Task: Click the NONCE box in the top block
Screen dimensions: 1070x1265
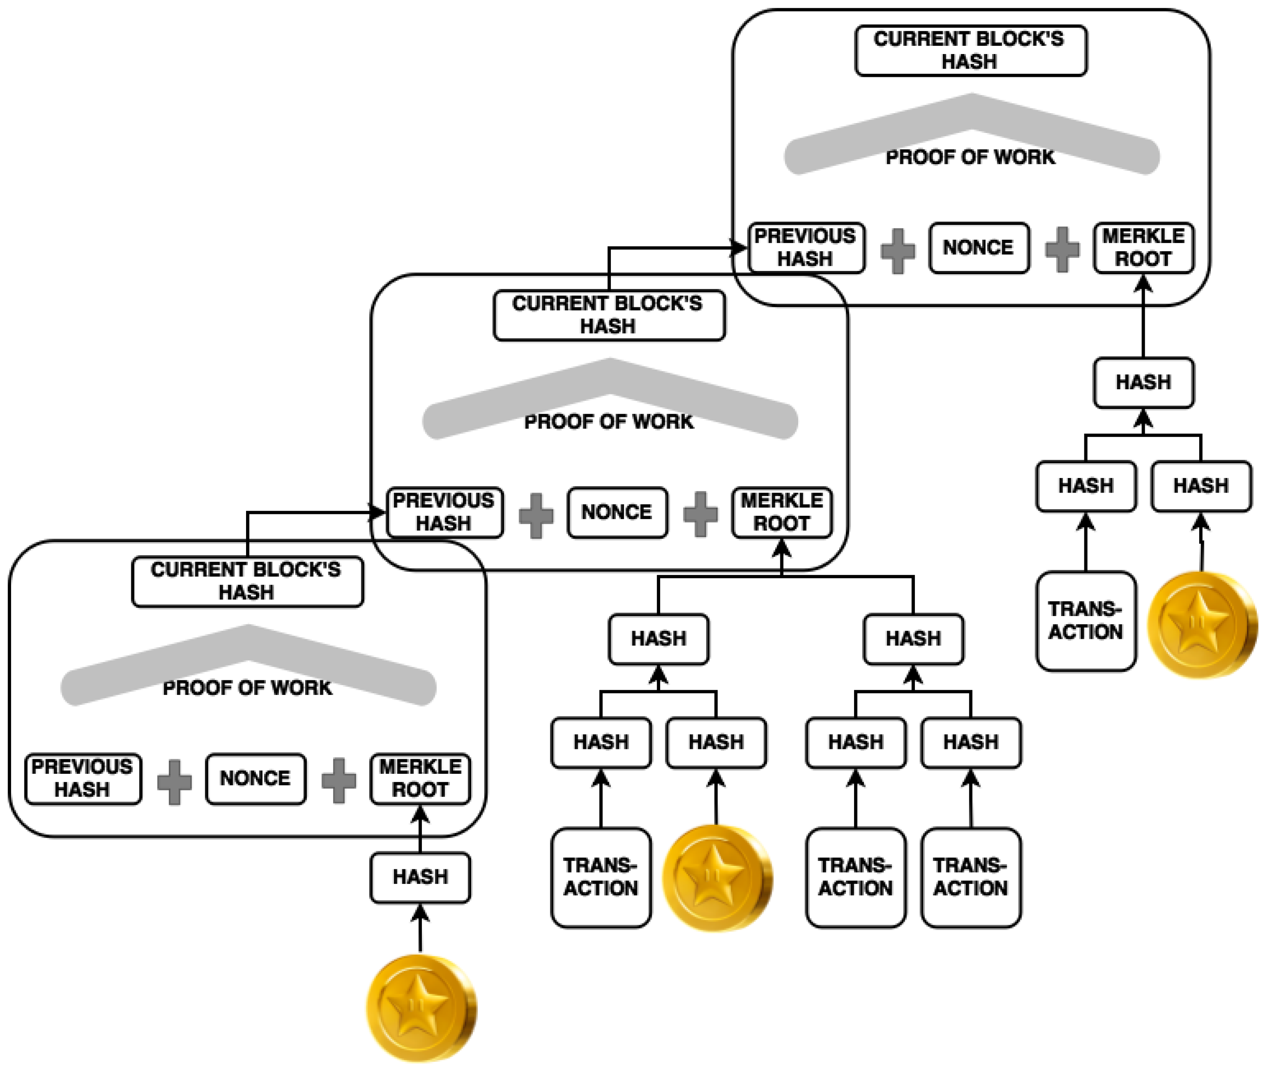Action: (x=979, y=247)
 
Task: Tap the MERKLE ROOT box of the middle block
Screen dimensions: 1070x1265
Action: (x=782, y=513)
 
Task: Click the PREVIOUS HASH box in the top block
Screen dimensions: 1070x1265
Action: (x=806, y=247)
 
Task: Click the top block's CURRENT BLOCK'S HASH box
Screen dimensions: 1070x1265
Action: (x=970, y=50)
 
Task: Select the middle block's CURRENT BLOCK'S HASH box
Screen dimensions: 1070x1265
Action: (x=609, y=315)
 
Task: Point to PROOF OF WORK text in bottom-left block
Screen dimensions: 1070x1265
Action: (x=247, y=688)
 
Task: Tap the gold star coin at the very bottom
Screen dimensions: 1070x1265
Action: (x=421, y=1009)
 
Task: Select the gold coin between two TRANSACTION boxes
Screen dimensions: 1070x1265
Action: (x=717, y=878)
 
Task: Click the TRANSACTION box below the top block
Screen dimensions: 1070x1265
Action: (x=1086, y=620)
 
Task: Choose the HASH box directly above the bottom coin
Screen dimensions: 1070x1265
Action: (x=420, y=877)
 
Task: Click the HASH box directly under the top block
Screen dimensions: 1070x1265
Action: (x=1144, y=382)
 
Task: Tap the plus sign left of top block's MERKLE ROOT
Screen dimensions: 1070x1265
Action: (x=1062, y=249)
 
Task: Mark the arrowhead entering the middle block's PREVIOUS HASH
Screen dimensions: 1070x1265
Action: (x=379, y=513)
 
